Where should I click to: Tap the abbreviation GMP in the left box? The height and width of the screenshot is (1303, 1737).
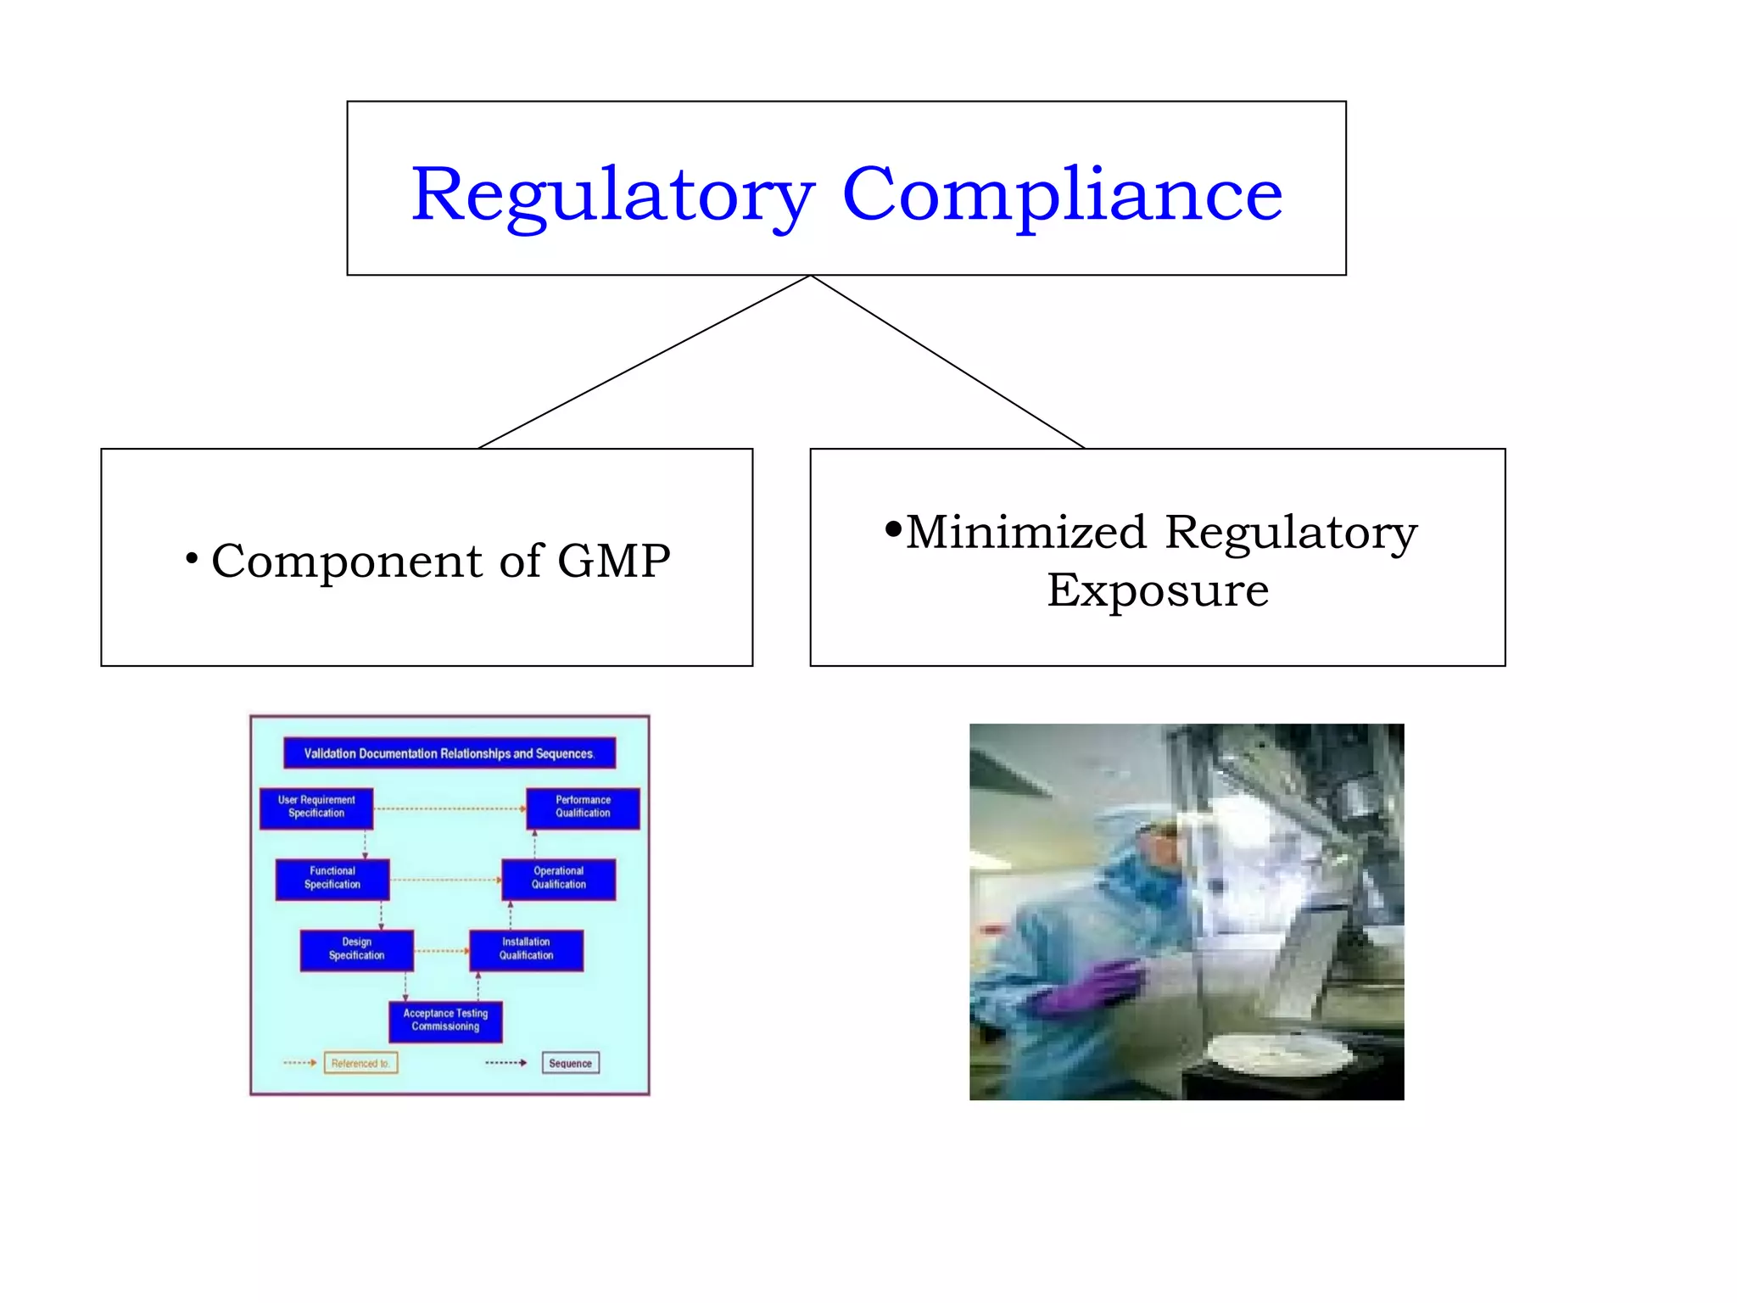(x=613, y=562)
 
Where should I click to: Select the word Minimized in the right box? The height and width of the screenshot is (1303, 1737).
(x=1026, y=533)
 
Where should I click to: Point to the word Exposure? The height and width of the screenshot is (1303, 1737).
(x=1158, y=590)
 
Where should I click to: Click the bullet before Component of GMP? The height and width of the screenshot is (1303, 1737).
(x=192, y=558)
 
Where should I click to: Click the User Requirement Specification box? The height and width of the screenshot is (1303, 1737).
(x=316, y=808)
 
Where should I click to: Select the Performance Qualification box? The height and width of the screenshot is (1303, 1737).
(x=583, y=808)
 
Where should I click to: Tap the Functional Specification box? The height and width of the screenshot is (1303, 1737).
(x=332, y=879)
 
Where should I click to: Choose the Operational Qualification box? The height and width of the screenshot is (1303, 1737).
(x=558, y=879)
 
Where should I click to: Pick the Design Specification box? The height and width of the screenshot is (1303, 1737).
(x=357, y=949)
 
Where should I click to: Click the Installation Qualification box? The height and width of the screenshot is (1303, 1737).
(x=526, y=949)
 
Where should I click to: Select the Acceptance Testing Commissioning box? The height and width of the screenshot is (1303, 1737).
(x=445, y=1021)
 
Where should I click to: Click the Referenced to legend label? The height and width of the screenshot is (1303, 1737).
(x=360, y=1064)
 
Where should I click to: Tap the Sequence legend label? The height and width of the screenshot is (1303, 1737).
(x=570, y=1064)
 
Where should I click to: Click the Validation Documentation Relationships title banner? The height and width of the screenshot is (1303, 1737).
(x=449, y=753)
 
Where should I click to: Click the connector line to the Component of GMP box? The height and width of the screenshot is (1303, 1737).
(x=645, y=362)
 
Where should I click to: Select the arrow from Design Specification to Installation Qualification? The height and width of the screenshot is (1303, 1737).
(x=441, y=951)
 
